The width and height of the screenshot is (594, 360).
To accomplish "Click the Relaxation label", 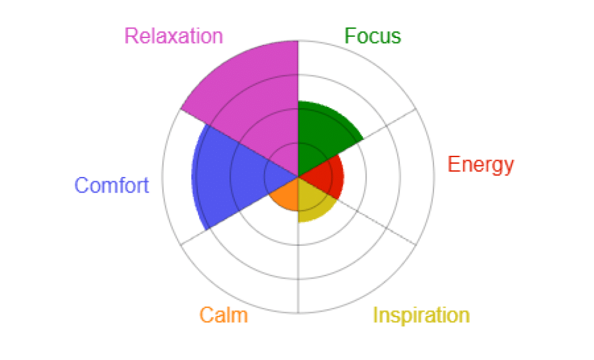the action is [173, 36].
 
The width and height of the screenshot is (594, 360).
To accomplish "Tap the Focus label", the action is [372, 36].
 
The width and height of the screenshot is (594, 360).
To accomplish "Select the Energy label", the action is [481, 166].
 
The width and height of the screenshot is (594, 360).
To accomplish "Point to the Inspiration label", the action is [421, 316].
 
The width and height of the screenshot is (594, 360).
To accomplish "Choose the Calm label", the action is [223, 315].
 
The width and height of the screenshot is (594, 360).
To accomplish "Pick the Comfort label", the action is [112, 185].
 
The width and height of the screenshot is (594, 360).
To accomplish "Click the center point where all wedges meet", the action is [299, 177].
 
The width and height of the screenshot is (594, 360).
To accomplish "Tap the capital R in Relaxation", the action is [131, 36].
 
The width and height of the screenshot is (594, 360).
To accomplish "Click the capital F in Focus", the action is [350, 36].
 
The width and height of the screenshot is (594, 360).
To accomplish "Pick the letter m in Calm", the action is [240, 318].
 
